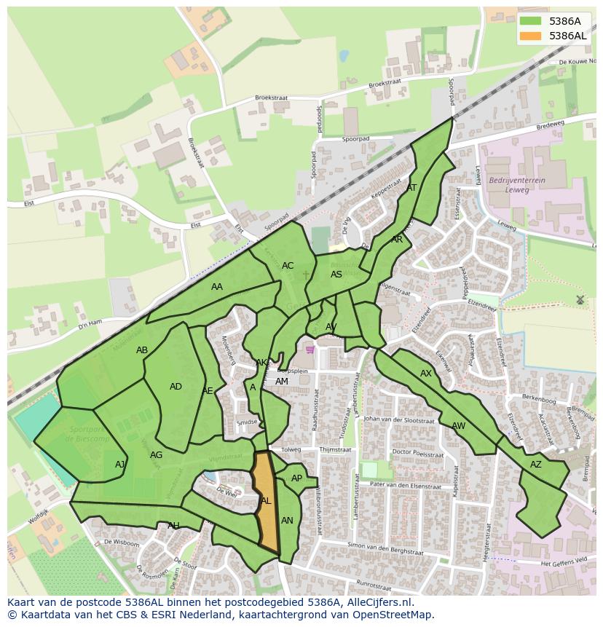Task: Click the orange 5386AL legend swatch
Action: tap(531, 36)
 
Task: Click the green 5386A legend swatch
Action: tap(531, 21)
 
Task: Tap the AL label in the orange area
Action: tap(266, 501)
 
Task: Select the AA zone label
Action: tap(217, 287)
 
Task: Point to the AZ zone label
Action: tap(536, 465)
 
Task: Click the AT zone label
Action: tap(411, 187)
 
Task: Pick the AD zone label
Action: tap(176, 387)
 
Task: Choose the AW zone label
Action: tap(458, 426)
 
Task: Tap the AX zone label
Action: tap(426, 374)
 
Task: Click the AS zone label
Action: tap(336, 275)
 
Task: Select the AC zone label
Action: tap(288, 266)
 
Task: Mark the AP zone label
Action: tap(296, 478)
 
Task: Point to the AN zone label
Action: tap(287, 521)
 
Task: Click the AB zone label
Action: tap(142, 350)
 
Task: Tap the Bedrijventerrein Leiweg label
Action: tap(516, 184)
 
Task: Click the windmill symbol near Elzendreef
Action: tap(580, 299)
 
